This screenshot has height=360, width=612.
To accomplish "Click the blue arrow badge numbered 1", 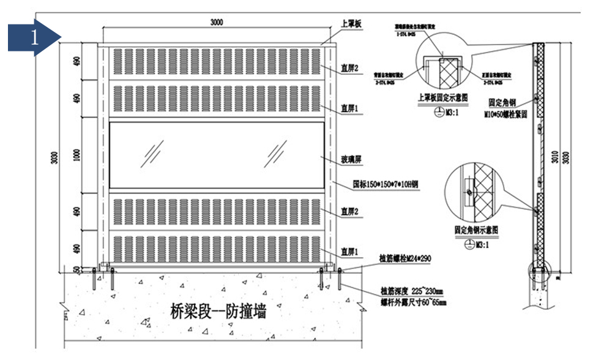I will [x=34, y=37].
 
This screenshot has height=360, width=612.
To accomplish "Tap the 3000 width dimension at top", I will [x=216, y=23].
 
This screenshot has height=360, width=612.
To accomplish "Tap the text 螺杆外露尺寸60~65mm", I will [x=413, y=302].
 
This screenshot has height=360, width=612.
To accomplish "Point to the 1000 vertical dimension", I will [x=76, y=156].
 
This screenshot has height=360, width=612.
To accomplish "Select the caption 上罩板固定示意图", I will [x=442, y=97].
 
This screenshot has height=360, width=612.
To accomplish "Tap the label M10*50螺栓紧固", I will [x=506, y=114].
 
